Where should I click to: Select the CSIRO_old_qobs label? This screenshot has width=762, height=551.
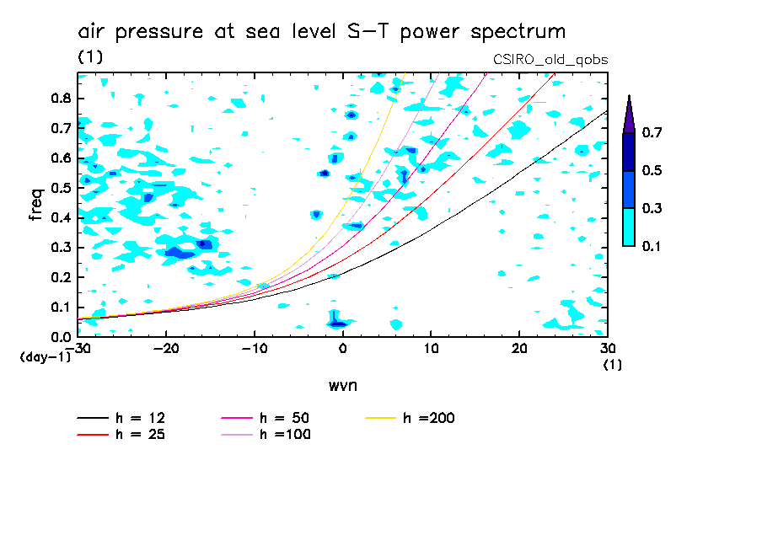coord(550,60)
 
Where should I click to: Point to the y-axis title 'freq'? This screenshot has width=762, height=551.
coord(36,205)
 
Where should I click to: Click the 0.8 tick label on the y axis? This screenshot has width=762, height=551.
coord(59,98)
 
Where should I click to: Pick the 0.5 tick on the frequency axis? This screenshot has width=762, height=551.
coord(59,188)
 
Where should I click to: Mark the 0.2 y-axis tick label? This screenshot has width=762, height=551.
coord(59,277)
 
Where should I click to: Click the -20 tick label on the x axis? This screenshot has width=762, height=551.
coord(165,348)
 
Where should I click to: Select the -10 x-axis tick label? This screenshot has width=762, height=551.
coord(254,348)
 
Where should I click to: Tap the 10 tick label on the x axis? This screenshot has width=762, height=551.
coord(431,348)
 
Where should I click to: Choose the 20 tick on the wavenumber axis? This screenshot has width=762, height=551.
coord(519,348)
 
